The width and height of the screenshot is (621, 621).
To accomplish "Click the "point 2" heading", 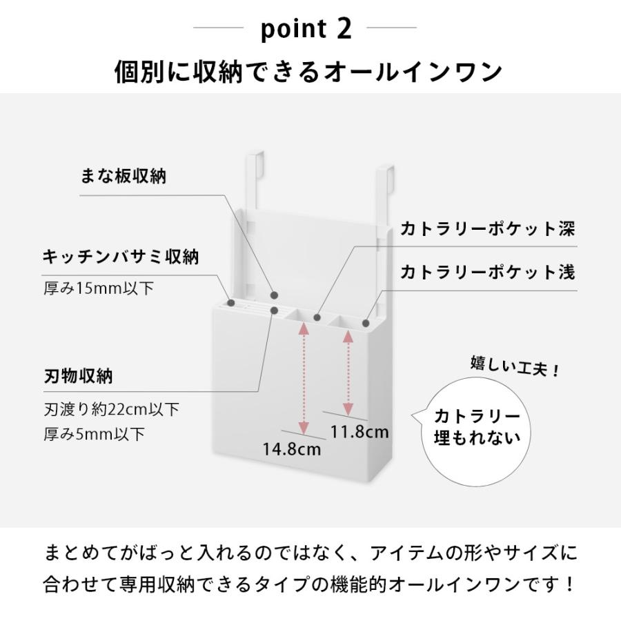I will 307,29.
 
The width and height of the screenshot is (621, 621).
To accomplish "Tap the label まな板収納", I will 124,176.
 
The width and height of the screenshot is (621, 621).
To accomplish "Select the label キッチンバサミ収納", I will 121,257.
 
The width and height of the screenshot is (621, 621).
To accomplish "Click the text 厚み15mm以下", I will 98,288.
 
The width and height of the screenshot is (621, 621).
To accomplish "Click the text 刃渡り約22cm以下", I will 111,409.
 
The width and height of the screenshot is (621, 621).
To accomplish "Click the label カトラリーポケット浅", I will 488,272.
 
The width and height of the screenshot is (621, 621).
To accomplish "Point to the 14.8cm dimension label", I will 292,448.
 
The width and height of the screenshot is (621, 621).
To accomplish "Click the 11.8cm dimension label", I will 359,432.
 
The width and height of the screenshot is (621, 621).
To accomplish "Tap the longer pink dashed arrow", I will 302,378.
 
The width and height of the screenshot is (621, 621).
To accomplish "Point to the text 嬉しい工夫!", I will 515,366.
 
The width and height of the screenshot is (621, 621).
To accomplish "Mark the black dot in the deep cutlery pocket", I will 317,318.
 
